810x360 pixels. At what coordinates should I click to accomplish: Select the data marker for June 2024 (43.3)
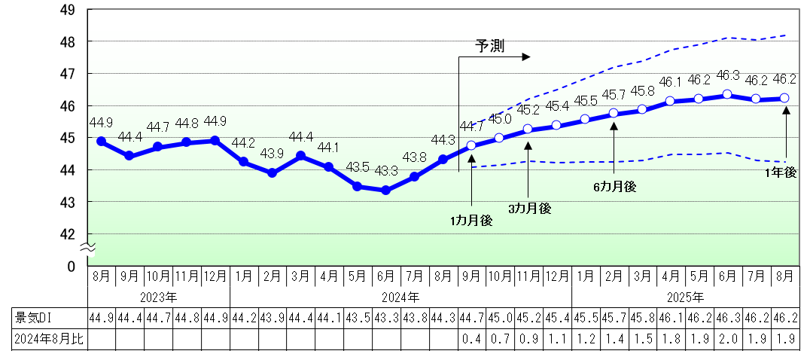tap(386, 190)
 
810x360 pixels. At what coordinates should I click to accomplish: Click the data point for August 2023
tap(101, 141)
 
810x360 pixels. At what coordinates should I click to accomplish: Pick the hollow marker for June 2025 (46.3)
tap(727, 94)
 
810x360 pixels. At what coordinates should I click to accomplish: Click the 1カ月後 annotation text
tap(471, 221)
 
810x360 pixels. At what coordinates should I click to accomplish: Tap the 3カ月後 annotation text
tap(529, 209)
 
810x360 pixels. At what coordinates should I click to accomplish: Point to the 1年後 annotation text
tap(781, 172)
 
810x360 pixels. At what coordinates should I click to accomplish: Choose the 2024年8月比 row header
tap(46, 340)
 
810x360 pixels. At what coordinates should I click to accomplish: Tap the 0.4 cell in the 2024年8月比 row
tap(471, 340)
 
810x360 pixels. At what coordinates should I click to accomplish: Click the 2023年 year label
tap(159, 297)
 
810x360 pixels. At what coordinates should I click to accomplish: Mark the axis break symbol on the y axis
tap(87, 246)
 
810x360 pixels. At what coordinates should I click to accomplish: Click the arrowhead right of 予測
tap(526, 56)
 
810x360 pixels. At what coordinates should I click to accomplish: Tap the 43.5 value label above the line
tap(357, 167)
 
